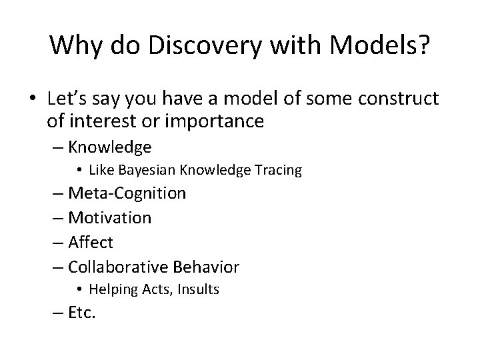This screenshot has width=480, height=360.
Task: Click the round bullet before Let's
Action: [33, 100]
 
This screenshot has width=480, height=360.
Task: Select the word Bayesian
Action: [144, 171]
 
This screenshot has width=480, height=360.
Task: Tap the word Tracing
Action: [279, 171]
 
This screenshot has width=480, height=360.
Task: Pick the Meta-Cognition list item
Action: [127, 194]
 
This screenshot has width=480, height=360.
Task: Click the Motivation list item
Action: [110, 217]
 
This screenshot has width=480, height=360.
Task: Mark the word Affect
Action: [91, 242]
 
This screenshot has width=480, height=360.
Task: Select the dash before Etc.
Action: [58, 312]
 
